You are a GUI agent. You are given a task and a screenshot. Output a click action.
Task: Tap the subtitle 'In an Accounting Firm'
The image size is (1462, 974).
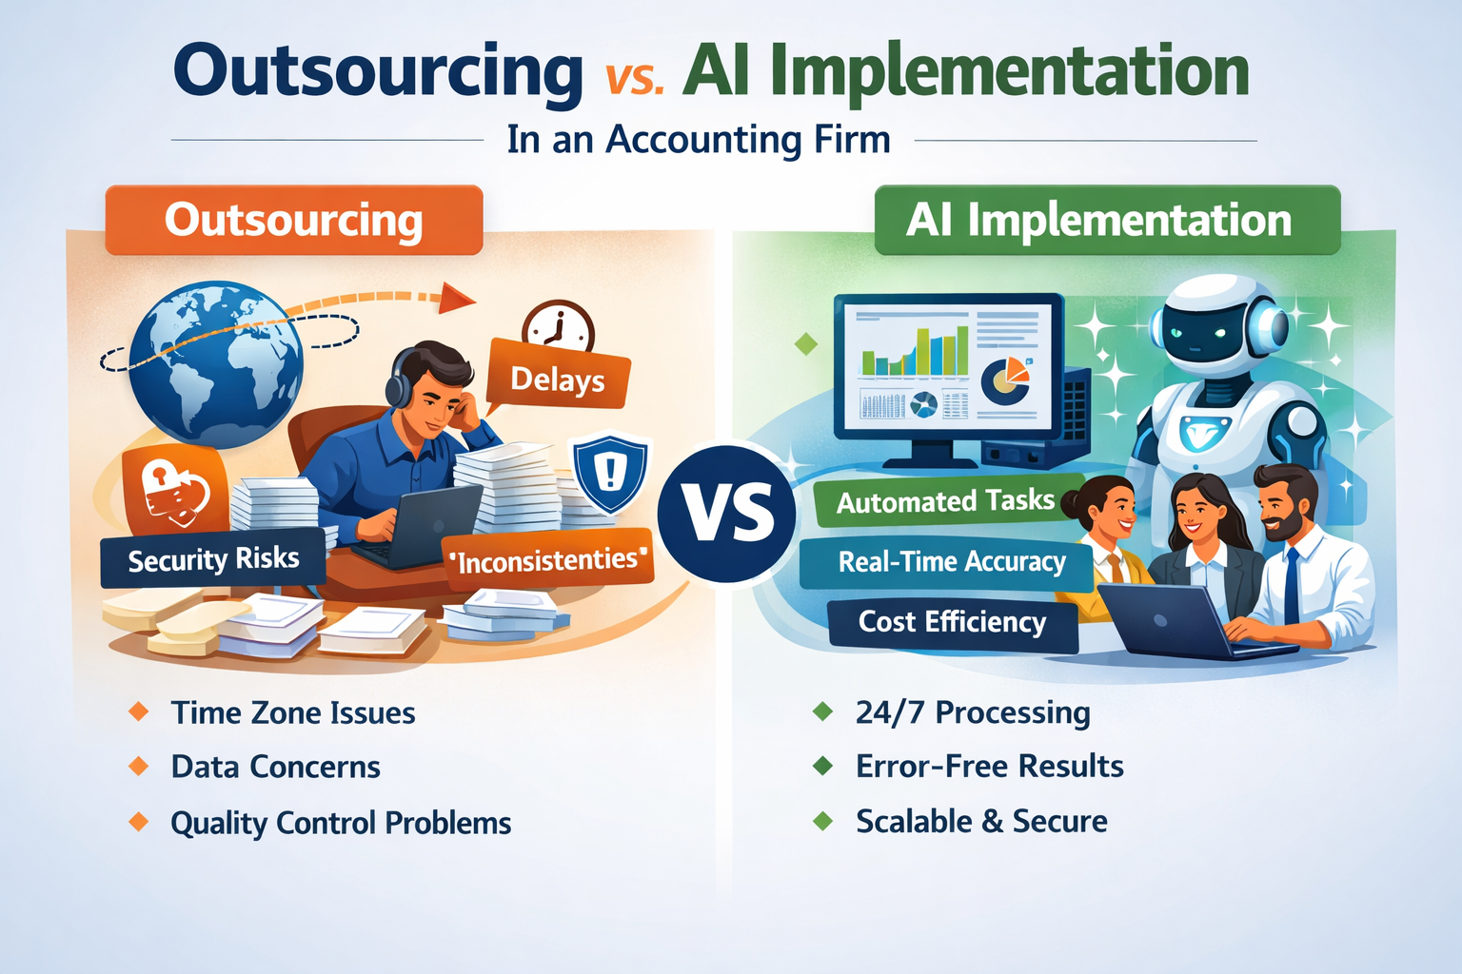click(x=699, y=140)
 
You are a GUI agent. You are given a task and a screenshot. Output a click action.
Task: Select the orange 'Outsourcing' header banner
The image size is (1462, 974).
click(x=293, y=220)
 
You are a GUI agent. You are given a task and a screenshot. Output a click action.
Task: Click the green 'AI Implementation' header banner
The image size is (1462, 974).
click(x=1106, y=220)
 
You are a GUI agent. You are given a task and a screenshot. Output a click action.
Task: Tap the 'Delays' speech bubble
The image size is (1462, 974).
click(x=558, y=380)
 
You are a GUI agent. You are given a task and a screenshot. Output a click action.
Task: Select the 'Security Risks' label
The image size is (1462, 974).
click(x=213, y=558)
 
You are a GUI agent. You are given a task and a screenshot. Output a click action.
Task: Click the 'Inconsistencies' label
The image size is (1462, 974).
click(x=549, y=559)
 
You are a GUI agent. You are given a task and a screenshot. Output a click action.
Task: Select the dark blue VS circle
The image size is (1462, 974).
click(x=728, y=513)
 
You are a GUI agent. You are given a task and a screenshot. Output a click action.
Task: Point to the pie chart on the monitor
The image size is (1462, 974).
click(x=1003, y=379)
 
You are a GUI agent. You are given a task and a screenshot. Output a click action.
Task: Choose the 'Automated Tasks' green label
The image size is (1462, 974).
click(x=945, y=501)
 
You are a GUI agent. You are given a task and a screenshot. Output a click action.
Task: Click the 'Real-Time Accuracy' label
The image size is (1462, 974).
click(x=951, y=561)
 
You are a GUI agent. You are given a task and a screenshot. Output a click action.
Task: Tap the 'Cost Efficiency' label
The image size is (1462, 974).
click(x=952, y=622)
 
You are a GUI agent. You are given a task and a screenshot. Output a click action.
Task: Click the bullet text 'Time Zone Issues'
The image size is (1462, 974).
click(x=292, y=712)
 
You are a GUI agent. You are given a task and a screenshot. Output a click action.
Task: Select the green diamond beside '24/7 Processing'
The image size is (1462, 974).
click(x=822, y=711)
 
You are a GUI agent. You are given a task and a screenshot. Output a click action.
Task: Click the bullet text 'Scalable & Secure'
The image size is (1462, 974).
click(x=980, y=821)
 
